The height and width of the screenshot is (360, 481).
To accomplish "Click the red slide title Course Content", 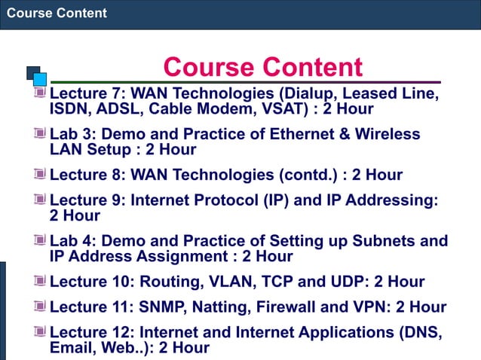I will pyautogui.click(x=262, y=67).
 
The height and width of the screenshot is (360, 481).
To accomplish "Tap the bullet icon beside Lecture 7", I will pyautogui.click(x=41, y=94).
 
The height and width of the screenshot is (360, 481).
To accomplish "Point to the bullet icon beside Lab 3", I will pyautogui.click(x=41, y=134).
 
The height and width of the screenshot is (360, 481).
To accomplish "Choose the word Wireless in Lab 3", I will pyautogui.click(x=388, y=134).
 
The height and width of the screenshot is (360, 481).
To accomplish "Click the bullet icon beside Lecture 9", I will pyautogui.click(x=41, y=201).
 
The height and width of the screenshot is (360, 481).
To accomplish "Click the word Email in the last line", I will pyautogui.click(x=71, y=347).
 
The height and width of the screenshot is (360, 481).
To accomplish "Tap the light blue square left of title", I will pyautogui.click(x=40, y=78).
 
